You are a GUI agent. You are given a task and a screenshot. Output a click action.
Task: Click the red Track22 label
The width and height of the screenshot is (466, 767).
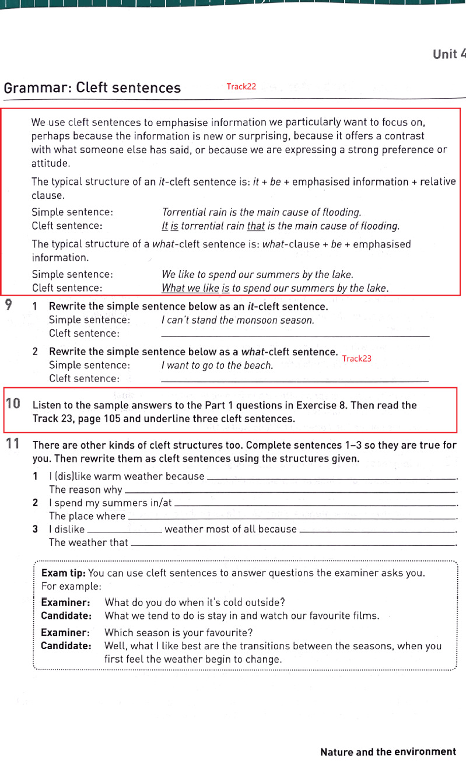click(241, 87)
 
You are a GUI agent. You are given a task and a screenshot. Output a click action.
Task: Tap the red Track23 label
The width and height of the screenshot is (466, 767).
click(356, 359)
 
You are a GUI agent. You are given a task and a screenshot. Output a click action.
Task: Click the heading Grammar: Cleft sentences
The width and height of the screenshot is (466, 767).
click(92, 88)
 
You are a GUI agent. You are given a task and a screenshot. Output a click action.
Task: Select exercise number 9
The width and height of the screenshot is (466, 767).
click(10, 304)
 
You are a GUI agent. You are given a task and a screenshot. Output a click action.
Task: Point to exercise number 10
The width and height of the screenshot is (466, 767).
click(13, 403)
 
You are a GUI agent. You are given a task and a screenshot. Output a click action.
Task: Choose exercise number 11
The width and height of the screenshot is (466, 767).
click(13, 443)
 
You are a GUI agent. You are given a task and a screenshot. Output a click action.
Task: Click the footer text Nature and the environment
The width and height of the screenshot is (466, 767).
click(388, 752)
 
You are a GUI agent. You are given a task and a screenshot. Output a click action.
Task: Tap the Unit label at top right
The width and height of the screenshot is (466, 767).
click(449, 54)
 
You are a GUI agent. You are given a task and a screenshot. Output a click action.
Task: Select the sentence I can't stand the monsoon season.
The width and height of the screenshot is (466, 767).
click(237, 320)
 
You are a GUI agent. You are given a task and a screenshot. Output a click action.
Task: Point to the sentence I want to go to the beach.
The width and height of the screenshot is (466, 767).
click(217, 366)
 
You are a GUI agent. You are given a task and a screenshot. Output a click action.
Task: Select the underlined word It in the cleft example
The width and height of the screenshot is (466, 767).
click(164, 226)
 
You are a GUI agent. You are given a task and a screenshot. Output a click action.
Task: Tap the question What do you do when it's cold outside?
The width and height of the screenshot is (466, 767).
click(194, 603)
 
